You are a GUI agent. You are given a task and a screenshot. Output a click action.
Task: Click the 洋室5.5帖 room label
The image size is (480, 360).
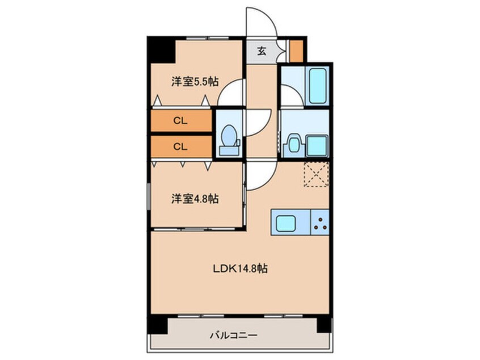coord(195,82)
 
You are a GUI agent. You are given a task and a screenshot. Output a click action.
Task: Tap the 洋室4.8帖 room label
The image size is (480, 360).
coord(195,199)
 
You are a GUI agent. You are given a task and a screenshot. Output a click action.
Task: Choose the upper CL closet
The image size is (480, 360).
coord(180,121)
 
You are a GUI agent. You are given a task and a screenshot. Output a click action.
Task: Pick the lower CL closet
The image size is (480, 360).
coord(180,146)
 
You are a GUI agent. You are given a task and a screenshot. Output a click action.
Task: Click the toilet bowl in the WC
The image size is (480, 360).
coord(229,136)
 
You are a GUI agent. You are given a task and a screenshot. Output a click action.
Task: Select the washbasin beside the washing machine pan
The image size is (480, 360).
coord(293,144)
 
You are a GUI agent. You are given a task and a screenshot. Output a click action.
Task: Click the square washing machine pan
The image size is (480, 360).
coord(317,145)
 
